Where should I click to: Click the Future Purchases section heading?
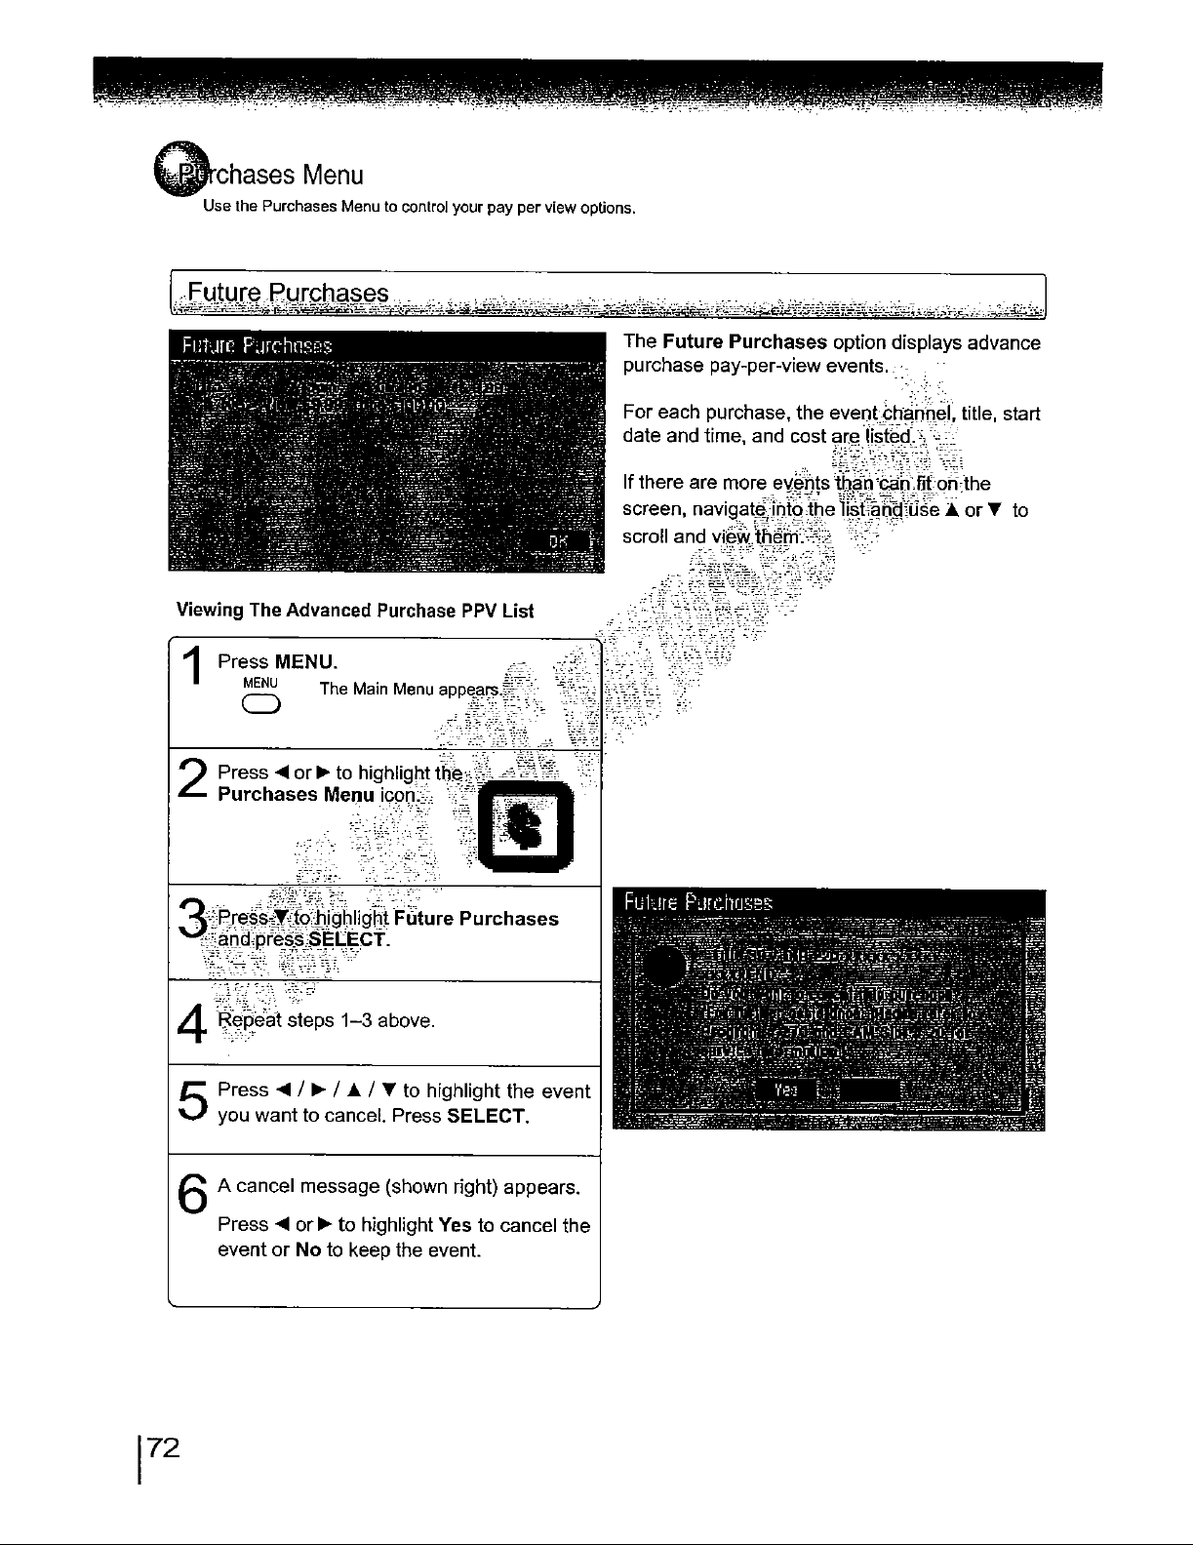289,294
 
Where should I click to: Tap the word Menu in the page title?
333,176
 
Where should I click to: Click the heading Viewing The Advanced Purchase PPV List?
355,611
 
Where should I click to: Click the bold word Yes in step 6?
456,1225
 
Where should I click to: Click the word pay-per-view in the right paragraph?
766,366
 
